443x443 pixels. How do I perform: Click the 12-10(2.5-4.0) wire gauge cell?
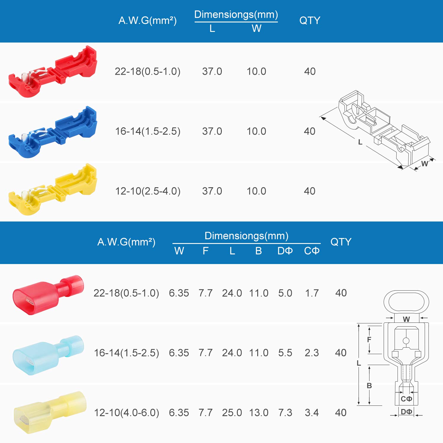point(148,191)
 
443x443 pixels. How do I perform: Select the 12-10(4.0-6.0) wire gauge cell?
point(126,413)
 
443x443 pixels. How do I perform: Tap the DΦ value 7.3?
point(285,413)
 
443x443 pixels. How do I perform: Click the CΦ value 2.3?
point(312,353)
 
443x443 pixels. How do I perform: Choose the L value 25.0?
point(232,413)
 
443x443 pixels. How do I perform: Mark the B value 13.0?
point(258,413)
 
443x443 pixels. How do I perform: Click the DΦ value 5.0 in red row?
point(285,293)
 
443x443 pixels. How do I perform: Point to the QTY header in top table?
point(310,20)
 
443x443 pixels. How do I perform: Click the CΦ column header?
point(312,251)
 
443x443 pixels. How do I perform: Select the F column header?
point(206,251)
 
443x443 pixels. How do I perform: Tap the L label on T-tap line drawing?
point(360,142)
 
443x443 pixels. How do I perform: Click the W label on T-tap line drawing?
point(424,164)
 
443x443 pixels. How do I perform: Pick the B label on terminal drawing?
point(369,385)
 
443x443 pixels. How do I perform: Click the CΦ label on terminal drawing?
point(406,399)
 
